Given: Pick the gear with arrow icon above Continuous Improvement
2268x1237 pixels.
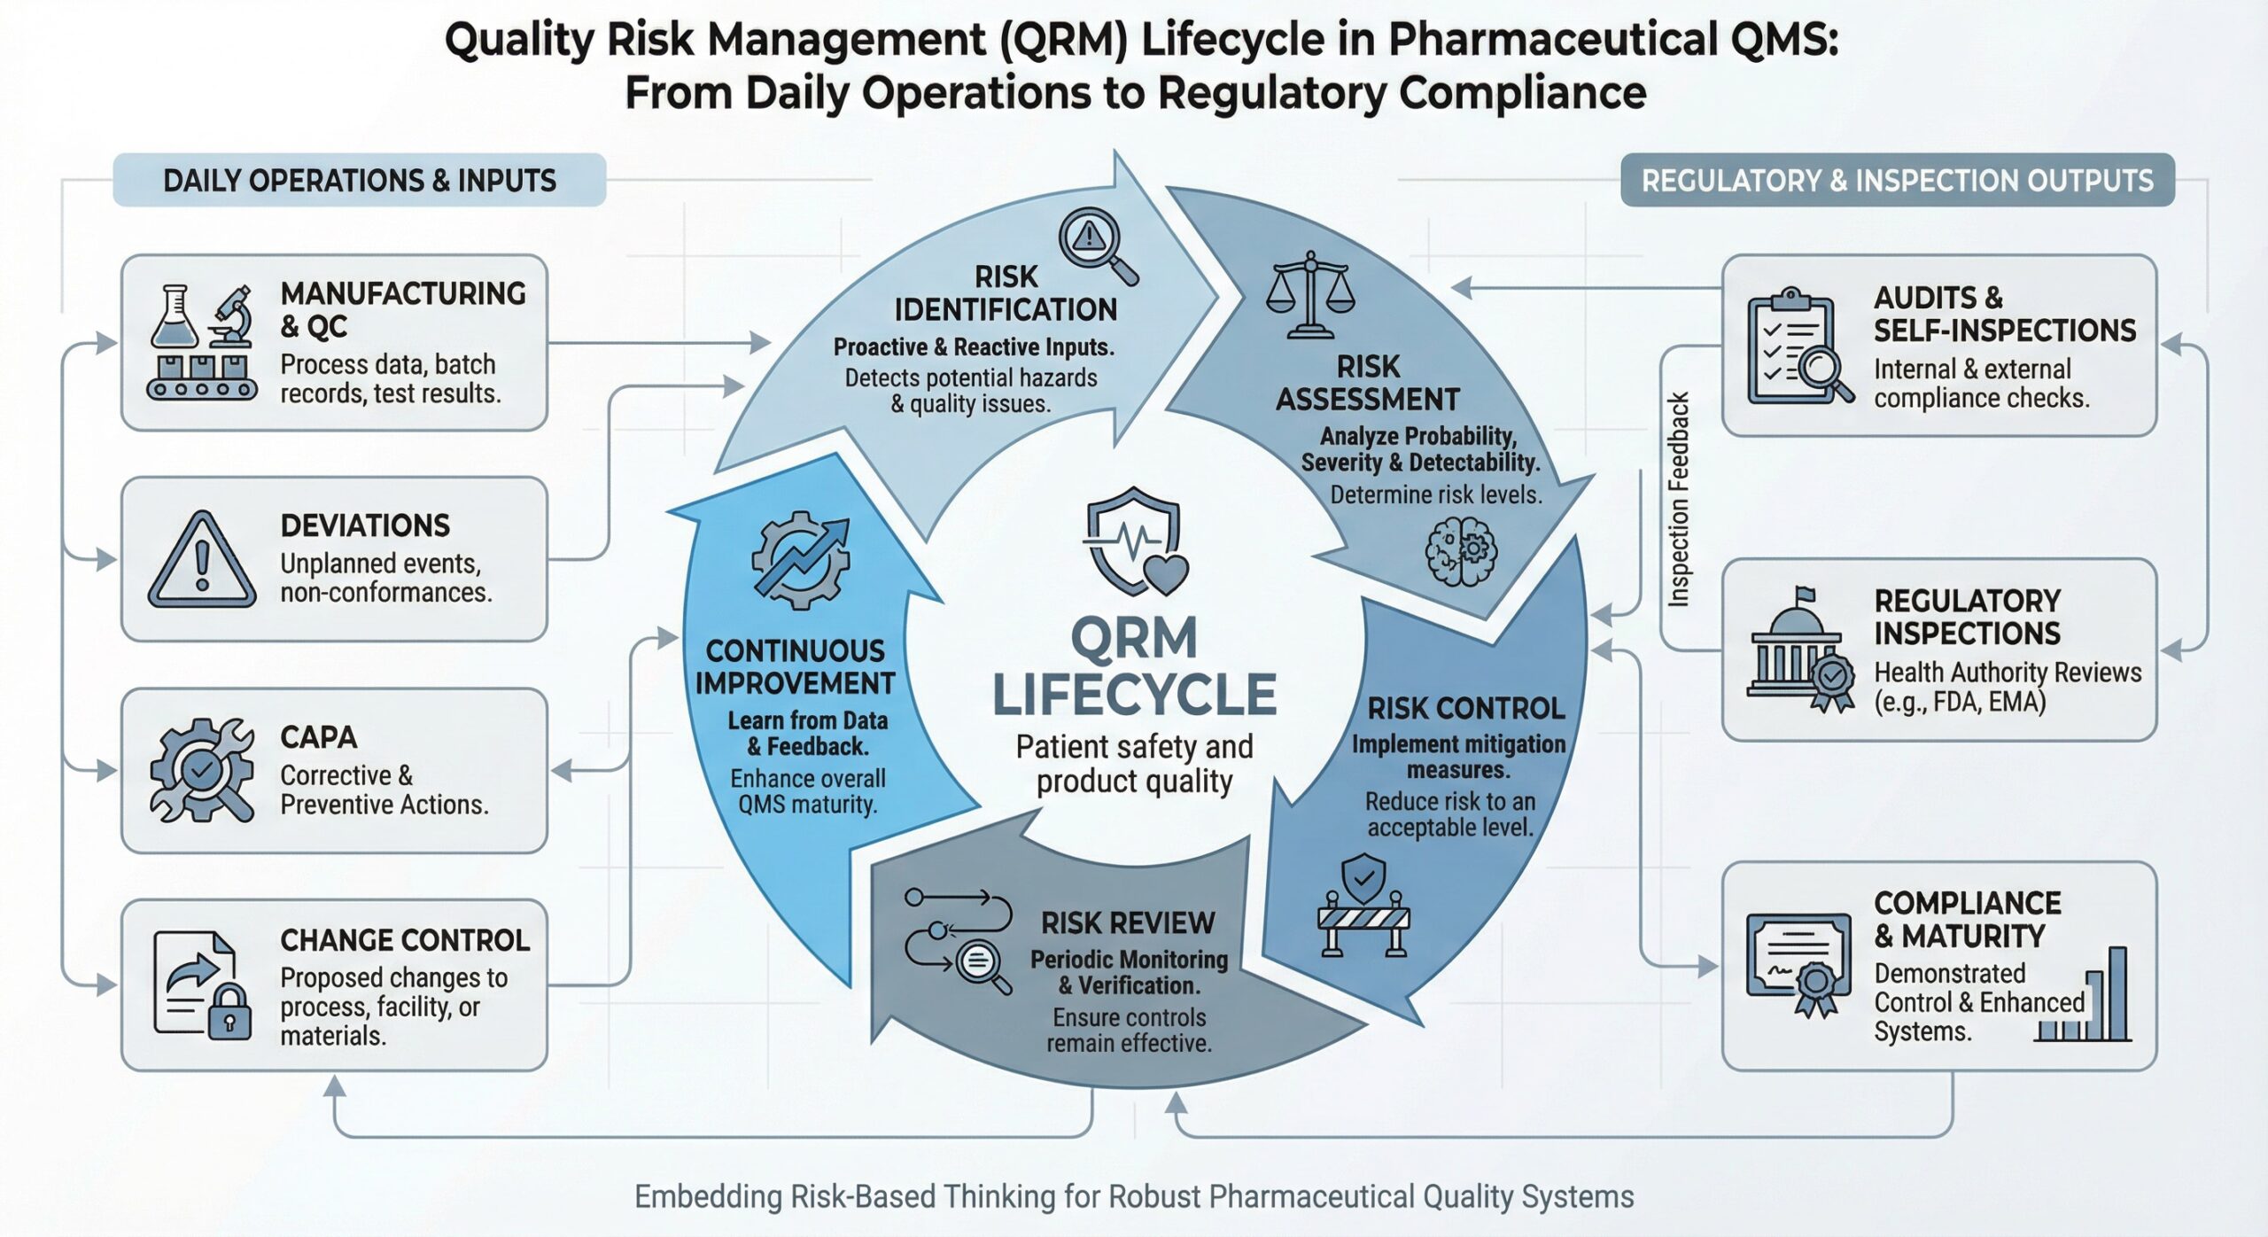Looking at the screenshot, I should [x=800, y=560].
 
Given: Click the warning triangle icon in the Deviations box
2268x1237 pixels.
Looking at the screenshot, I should [x=202, y=560].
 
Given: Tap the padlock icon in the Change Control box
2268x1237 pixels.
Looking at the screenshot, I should [x=229, y=1012].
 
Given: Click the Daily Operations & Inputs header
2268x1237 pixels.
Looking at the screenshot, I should [x=360, y=181].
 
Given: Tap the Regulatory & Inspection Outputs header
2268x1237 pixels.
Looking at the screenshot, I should [x=1897, y=181].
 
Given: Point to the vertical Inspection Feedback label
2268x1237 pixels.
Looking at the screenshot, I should [x=1678, y=500].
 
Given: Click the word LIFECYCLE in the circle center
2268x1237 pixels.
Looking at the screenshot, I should [x=1134, y=695].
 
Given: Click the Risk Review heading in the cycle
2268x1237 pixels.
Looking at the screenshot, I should [x=1127, y=923].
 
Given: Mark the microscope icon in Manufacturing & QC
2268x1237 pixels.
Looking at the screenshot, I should [x=231, y=316].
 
